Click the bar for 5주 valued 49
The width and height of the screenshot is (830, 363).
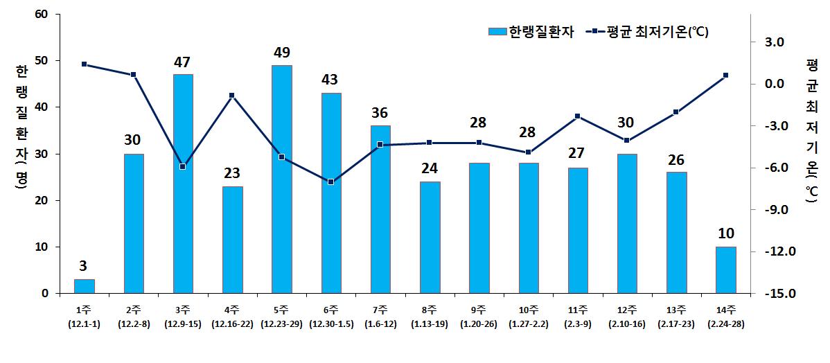coord(282,179)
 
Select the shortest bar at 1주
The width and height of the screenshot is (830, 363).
coord(84,286)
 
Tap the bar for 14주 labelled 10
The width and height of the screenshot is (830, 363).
coord(725,269)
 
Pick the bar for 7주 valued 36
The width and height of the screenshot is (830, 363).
coord(380,209)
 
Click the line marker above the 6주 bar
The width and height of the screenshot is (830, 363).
coord(331,181)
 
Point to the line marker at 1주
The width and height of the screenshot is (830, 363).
coord(84,64)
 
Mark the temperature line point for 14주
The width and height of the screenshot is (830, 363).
coord(725,75)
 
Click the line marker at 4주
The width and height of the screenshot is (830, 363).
coord(232,96)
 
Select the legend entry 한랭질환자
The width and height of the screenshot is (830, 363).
coord(531,32)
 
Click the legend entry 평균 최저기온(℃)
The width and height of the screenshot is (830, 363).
coord(648,32)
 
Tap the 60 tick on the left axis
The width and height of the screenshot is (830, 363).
coord(41,14)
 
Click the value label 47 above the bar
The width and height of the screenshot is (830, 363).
coord(183,62)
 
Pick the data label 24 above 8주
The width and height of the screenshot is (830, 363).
coord(430,169)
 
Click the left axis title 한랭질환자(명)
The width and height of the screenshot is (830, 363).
coord(21,128)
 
